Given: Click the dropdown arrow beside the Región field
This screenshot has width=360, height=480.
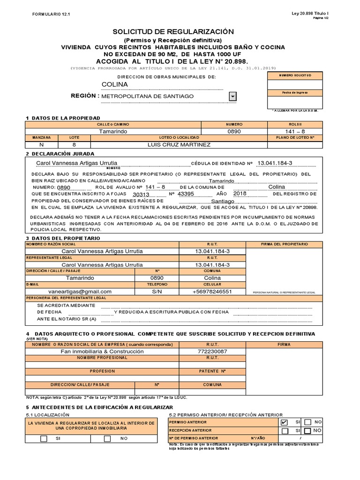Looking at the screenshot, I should coord(232,97).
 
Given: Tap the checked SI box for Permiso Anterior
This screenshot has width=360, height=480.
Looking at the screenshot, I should coord(284,422).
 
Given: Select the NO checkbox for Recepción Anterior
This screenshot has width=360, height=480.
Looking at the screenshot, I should coord(307,430).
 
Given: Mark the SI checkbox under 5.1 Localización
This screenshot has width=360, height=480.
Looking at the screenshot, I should coord(44,439).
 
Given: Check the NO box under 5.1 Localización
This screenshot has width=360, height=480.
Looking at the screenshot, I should coord(107,439).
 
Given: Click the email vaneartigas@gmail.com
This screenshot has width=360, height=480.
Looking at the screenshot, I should coord(80,291).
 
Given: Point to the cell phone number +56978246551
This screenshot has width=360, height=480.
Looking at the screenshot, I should coord(212,291).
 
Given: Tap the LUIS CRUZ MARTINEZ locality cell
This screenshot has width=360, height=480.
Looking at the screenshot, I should coord(179,144).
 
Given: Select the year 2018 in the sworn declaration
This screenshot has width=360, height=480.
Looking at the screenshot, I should coord(240,193).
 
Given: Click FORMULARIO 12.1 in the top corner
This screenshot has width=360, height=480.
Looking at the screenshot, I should coord(47,14).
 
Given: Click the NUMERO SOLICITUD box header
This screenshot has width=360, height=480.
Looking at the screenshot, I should coord(294,75).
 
